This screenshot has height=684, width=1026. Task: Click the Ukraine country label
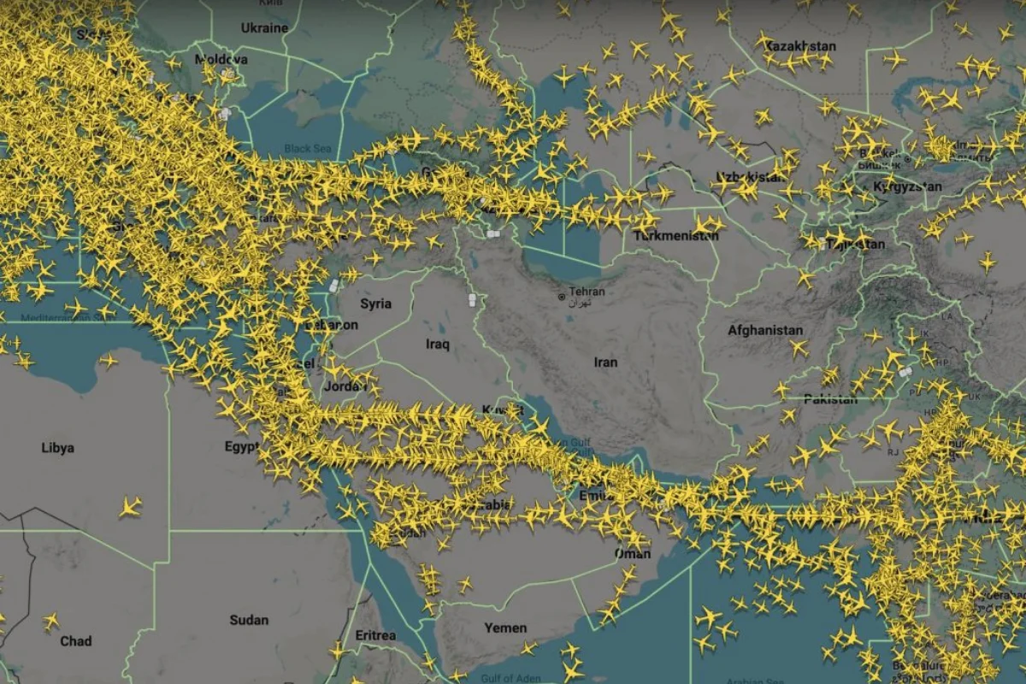264,28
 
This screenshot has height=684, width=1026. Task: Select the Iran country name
605,363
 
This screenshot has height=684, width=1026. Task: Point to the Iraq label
437,345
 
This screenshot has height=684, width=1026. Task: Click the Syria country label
375,304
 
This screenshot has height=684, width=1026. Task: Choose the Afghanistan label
765,330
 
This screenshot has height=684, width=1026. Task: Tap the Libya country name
57,448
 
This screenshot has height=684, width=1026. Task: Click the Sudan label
249,620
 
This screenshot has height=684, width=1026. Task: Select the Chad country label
76,640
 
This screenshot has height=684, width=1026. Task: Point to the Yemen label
505,628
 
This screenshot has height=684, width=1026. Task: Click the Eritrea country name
375,635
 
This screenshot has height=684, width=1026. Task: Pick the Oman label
632,554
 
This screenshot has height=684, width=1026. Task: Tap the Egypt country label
241,446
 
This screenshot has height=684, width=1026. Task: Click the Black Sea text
307,149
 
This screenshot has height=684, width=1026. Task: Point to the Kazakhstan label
799,45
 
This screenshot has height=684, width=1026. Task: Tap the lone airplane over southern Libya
130,507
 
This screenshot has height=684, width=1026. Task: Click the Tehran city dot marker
561,297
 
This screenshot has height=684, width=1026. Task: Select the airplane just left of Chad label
50,622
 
